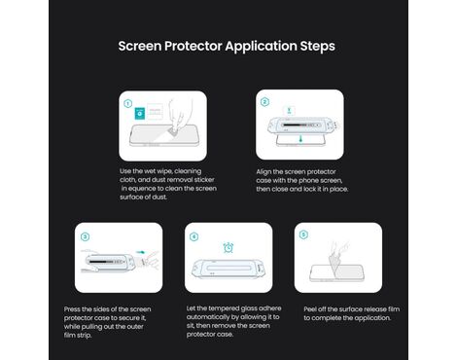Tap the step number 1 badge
click(x=128, y=103)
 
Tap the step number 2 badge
click(x=264, y=102)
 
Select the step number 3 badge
click(x=85, y=236)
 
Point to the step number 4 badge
click(x=193, y=236)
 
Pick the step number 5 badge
click(x=303, y=234)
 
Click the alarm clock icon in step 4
click(x=228, y=247)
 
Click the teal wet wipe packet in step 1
click(x=140, y=114)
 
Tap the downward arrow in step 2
click(x=301, y=139)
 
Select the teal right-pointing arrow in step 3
click(x=141, y=252)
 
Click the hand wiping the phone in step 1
click(x=179, y=118)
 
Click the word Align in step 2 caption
click(x=264, y=172)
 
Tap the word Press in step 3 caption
click(x=72, y=309)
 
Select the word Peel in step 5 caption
click(x=310, y=309)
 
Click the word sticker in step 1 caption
click(x=204, y=180)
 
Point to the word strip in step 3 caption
click(x=85, y=336)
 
